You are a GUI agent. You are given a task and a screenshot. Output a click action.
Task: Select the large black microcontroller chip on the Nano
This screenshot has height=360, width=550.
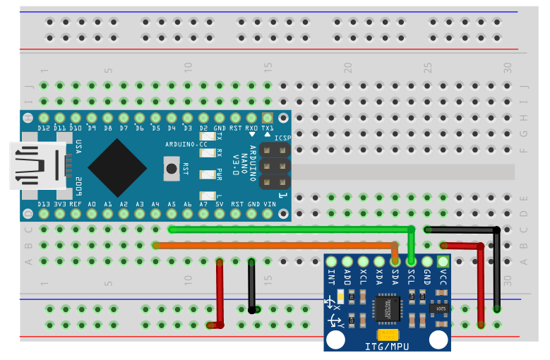click(118, 167)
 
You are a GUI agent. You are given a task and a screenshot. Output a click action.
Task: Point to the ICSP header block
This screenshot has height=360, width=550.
click(275, 167)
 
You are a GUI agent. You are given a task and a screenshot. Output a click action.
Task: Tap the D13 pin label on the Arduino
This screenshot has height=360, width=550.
click(44, 204)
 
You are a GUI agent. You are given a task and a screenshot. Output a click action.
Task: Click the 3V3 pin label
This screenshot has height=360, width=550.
click(60, 204)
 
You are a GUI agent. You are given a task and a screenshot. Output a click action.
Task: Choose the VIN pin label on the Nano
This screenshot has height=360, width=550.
click(269, 204)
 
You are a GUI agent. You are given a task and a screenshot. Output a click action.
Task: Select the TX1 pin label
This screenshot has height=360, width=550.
click(268, 129)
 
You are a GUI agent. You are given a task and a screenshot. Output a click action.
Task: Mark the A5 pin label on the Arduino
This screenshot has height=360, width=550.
click(172, 204)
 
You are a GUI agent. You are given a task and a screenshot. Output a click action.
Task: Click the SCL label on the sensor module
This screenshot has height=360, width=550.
click(412, 277)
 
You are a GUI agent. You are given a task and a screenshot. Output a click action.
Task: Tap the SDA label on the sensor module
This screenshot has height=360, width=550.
click(395, 277)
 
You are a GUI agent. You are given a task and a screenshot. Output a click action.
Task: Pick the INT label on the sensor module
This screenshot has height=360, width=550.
click(331, 277)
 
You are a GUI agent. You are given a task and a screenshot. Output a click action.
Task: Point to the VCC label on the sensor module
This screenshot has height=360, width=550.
click(443, 277)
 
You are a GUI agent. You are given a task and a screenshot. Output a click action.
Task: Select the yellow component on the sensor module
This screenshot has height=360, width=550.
click(386, 334)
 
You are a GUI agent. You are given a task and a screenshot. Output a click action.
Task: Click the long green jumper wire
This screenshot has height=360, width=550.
click(289, 229)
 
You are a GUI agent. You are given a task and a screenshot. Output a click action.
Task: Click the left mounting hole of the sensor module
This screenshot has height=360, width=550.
click(336, 340)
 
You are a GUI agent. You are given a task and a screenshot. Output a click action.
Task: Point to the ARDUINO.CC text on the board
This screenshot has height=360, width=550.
click(186, 143)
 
